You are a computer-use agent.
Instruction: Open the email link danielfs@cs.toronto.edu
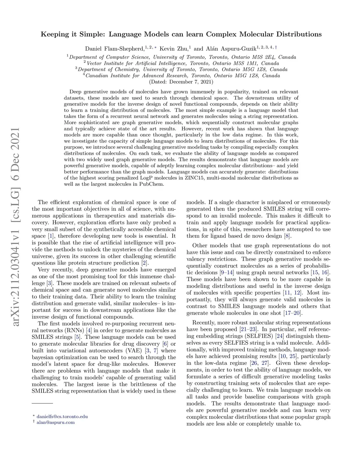tap(62, 417)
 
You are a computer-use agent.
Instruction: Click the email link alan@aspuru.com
tap(56, 422)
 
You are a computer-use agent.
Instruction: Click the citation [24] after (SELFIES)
tap(279, 336)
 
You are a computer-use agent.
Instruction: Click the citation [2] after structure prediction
tap(144, 263)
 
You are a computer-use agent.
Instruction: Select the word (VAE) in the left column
tap(133, 351)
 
